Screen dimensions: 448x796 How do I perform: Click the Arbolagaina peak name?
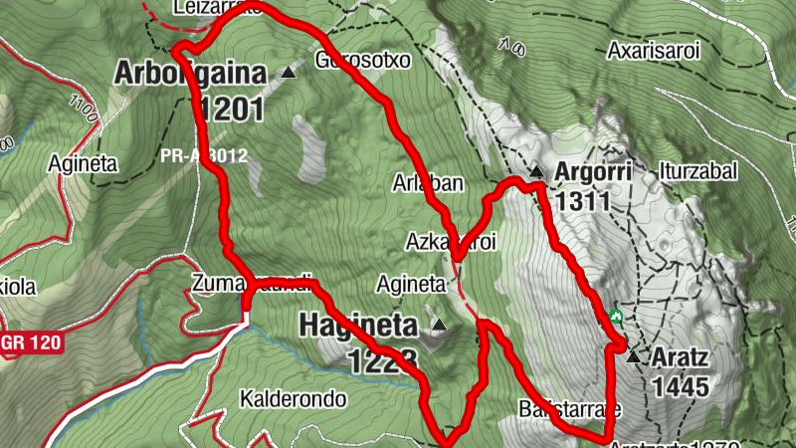[192, 73]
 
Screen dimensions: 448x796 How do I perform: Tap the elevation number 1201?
[230, 108]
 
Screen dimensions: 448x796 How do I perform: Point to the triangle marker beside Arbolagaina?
[289, 73]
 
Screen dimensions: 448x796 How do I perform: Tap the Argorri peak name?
[594, 171]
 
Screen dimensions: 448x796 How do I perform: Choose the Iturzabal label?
[696, 171]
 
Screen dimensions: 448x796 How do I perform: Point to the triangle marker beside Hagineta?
[438, 325]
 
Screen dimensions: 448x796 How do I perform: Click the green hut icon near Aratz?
[616, 318]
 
